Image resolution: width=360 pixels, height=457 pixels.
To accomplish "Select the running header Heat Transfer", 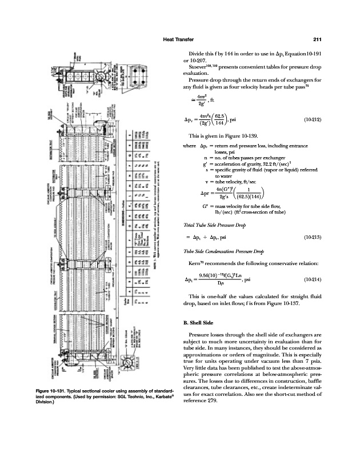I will point(181,39).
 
